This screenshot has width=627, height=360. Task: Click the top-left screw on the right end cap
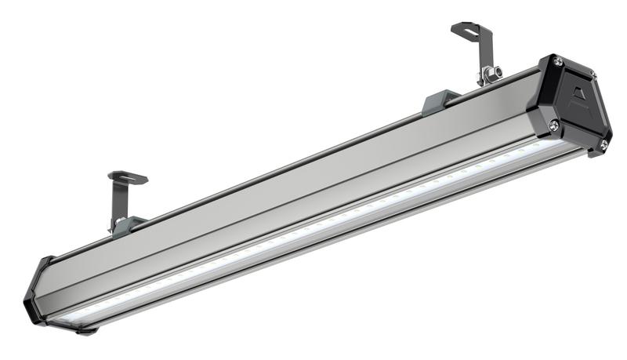tap(557, 60)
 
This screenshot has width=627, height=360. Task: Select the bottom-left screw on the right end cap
tap(553, 123)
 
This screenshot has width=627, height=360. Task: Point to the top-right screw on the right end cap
tap(593, 75)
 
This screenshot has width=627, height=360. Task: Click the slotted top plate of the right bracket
tap(471, 31)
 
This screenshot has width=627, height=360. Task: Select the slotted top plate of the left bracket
tap(128, 178)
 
